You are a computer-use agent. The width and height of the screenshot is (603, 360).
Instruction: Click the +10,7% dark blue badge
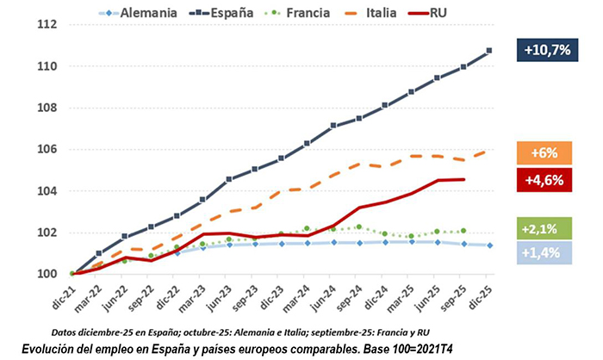tap(545, 50)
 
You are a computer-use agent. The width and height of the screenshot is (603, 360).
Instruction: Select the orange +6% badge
tap(545, 152)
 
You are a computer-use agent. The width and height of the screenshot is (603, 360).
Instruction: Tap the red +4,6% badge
tap(545, 179)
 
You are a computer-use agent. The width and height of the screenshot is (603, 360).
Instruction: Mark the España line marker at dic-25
tap(488, 51)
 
